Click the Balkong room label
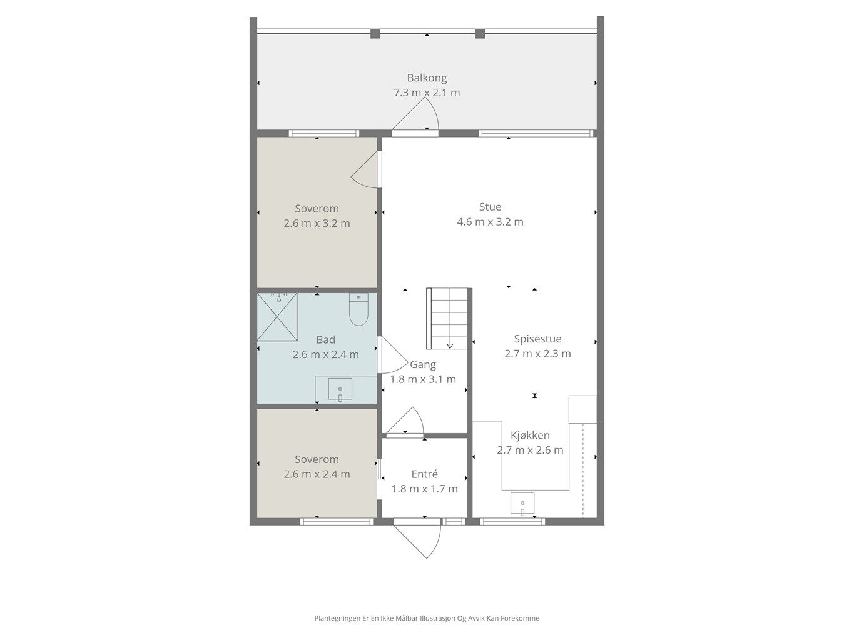(427, 78)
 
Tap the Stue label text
(490, 207)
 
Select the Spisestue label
(537, 339)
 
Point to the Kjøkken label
(530, 435)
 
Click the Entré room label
(424, 474)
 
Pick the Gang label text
(423, 364)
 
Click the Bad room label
(326, 339)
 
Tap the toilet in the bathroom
(358, 309)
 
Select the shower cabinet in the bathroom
(277, 317)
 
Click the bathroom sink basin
(340, 389)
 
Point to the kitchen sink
(522, 504)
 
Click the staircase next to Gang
(447, 318)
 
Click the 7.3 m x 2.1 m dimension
(427, 93)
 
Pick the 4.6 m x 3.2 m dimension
(490, 222)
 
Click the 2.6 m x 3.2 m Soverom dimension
(317, 223)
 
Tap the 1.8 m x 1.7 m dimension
(424, 489)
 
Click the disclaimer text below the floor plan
(427, 618)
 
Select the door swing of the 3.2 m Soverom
(365, 170)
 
